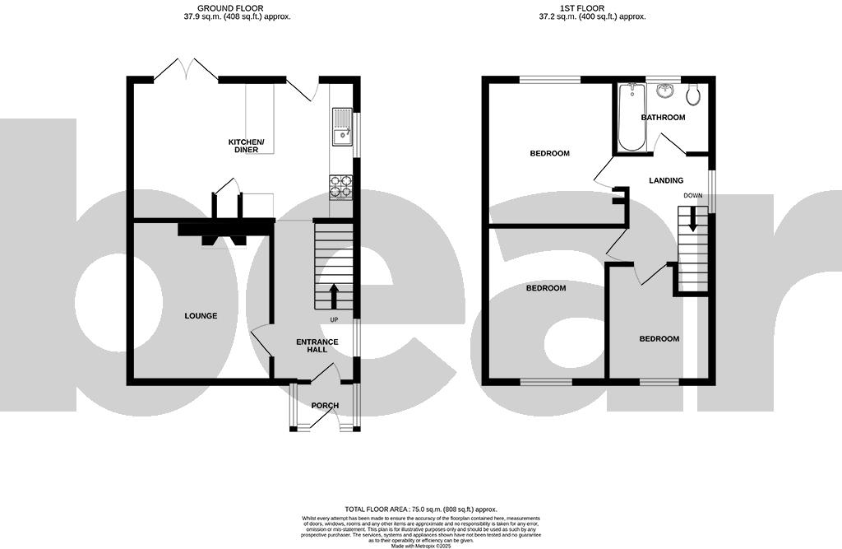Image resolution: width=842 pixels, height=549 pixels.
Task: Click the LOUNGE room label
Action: point(201,316)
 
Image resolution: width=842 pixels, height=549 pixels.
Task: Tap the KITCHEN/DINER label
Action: point(246,146)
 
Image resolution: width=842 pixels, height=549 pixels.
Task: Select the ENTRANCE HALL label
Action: point(312,345)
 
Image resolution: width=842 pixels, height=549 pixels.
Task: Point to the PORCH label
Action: point(324,405)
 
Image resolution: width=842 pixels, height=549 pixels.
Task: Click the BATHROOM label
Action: point(663,118)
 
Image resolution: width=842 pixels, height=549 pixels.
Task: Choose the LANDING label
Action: point(665,180)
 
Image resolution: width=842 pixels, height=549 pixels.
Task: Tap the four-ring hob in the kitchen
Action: point(340,188)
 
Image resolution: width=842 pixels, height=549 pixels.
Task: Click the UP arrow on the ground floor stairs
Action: point(334,294)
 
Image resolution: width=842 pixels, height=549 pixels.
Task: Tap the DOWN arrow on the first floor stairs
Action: point(692,220)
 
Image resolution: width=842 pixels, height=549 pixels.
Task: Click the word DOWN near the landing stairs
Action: point(692,195)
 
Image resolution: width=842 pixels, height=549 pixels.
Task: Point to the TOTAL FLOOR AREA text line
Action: point(420,509)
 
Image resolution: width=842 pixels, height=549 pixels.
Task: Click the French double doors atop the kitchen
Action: point(186,69)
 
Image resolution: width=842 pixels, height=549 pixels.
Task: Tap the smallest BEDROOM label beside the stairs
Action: point(659,339)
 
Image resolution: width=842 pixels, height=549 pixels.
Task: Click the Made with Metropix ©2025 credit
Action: point(420,545)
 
